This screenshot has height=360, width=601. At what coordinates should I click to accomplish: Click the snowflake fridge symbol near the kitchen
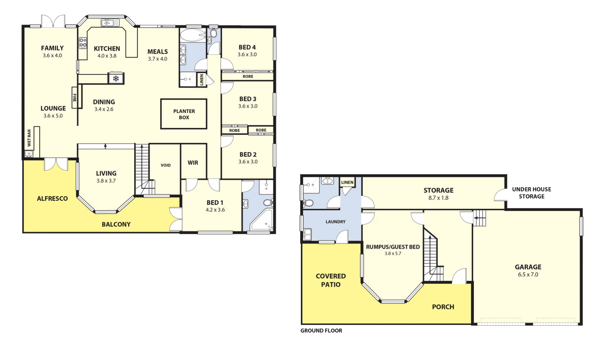pos(116,79)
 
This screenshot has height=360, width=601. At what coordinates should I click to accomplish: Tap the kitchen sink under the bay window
pos(110,23)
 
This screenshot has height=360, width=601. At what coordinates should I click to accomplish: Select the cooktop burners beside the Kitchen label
pos(83,43)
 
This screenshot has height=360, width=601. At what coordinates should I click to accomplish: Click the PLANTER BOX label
pos(184,114)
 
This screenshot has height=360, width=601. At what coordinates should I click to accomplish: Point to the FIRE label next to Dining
pos(75,98)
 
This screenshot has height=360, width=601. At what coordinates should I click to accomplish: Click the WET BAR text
pos(29,138)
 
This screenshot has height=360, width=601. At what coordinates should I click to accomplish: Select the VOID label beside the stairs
pos(166,165)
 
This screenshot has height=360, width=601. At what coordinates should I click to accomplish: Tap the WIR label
pos(193,163)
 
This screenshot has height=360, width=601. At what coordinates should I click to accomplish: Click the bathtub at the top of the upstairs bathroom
pos(193,35)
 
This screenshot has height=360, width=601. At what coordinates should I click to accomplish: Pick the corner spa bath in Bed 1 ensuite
pos(262,222)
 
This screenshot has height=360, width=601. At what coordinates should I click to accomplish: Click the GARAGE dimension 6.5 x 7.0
pos(528,275)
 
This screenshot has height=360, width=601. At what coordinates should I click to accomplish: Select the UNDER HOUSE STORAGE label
pos(531,193)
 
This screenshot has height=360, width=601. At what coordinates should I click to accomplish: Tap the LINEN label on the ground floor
pos(347,182)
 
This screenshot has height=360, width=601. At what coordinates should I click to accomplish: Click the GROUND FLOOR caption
pos(321,331)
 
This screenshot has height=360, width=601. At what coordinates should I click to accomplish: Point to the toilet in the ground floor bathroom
pos(308,203)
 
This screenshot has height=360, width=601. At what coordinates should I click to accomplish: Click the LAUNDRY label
pos(335,222)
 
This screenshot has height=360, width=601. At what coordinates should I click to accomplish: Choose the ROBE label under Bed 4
pos(248,77)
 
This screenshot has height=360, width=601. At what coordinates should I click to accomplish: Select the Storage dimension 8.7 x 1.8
pos(438,198)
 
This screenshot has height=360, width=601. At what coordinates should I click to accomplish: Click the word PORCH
pos(443,307)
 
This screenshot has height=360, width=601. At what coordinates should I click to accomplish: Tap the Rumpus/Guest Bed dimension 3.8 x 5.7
pos(393,254)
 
